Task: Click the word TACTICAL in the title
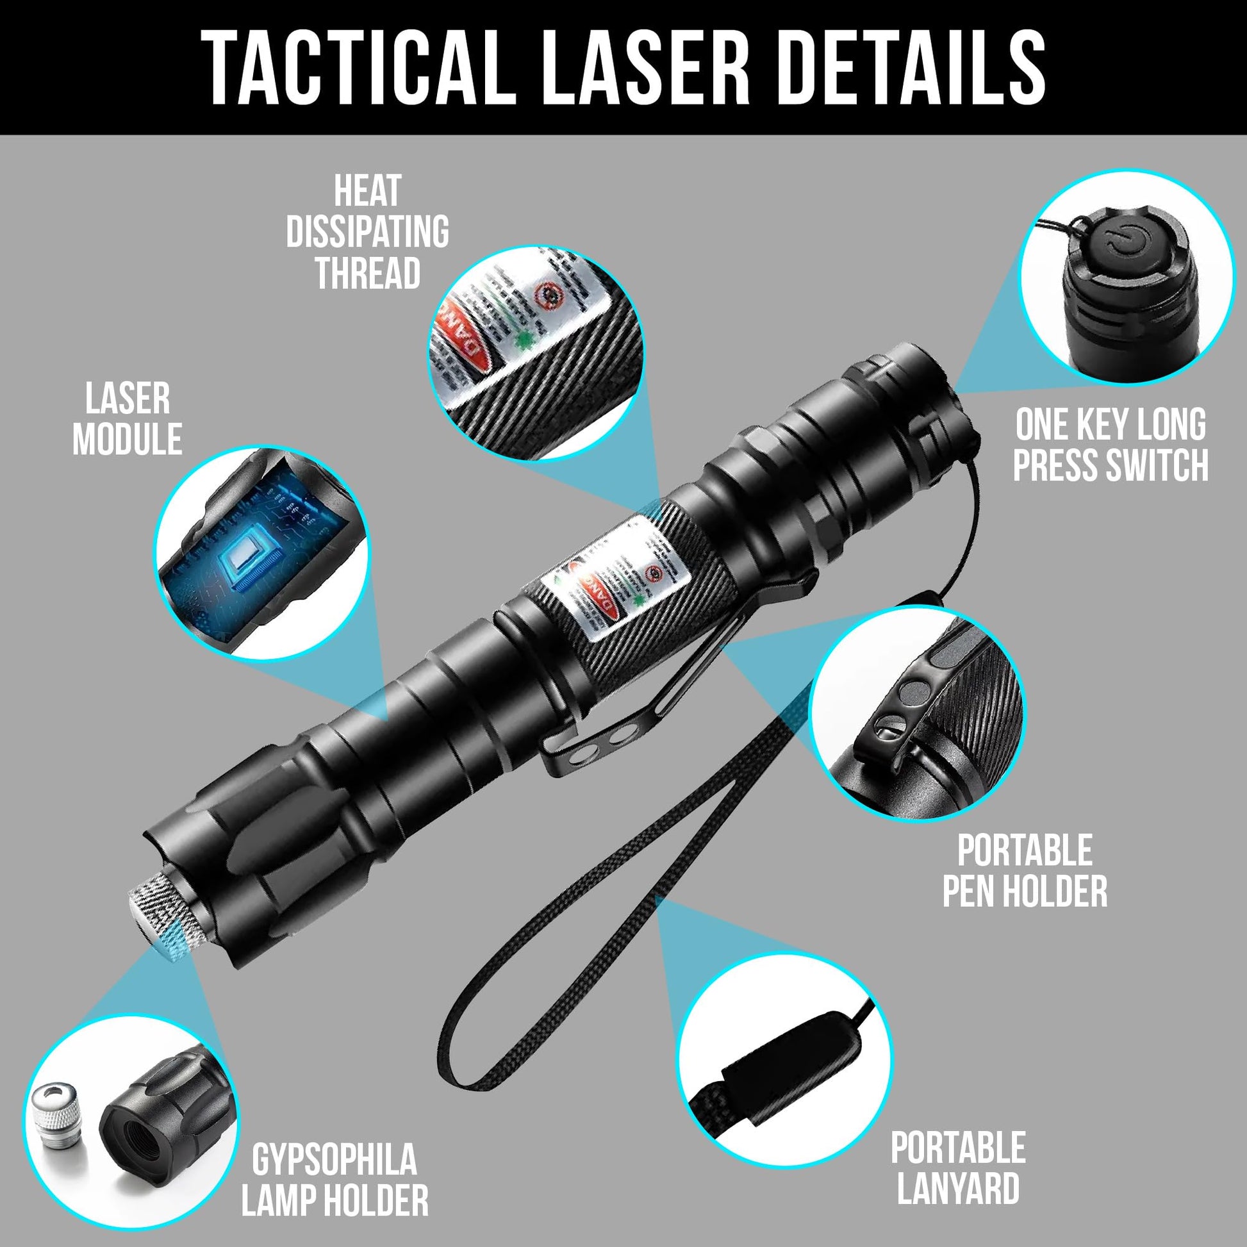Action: tap(358, 68)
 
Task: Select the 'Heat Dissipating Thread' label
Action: tap(367, 232)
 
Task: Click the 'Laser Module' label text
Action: tap(127, 418)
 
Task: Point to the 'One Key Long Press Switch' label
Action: tap(1110, 445)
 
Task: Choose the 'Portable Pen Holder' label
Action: tap(1025, 871)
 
